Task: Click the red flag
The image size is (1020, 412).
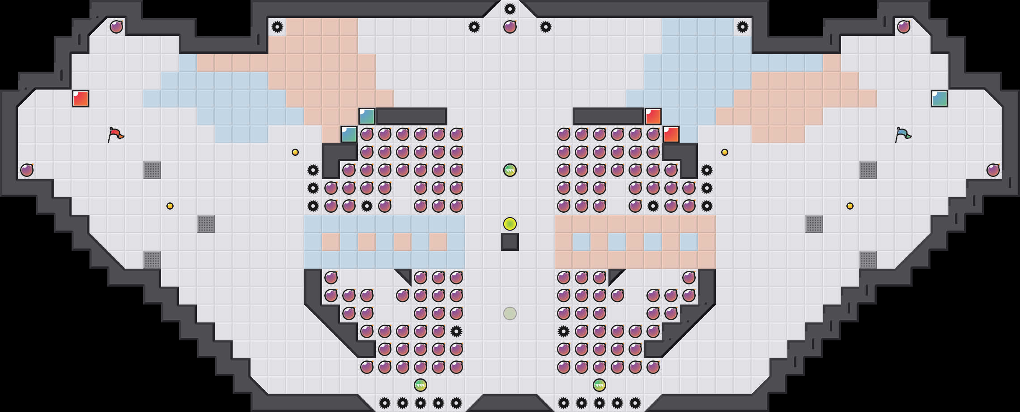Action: tap(115, 134)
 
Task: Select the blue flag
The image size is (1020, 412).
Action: tap(903, 134)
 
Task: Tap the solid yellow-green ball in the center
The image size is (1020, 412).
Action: tap(510, 224)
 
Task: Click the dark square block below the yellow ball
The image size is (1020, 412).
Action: tap(510, 242)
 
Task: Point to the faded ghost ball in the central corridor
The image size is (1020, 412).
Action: tap(510, 313)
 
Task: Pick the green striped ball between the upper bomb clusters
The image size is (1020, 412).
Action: tap(510, 170)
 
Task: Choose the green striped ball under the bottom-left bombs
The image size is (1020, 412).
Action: tap(421, 385)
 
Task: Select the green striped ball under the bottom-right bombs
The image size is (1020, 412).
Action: tap(599, 385)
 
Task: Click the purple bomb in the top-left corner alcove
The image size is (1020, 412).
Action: tap(116, 27)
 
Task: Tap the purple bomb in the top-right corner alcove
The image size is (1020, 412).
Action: tap(904, 27)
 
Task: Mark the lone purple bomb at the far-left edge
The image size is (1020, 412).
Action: tap(27, 170)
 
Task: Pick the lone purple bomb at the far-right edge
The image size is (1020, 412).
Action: tap(993, 170)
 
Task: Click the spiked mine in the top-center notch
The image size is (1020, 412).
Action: tap(510, 9)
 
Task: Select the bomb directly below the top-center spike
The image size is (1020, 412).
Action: tap(510, 27)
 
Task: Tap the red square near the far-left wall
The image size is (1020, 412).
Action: tap(81, 99)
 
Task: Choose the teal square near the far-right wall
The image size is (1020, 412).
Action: tap(939, 99)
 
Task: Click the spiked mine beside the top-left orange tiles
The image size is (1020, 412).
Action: tap(277, 27)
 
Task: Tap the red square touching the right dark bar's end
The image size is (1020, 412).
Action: tap(653, 116)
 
